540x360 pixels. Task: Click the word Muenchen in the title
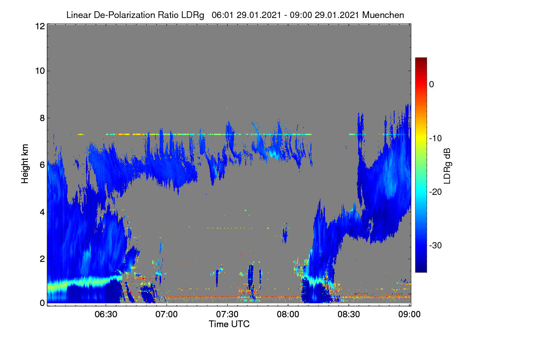click(x=383, y=15)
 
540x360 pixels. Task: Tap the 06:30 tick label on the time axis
click(x=106, y=314)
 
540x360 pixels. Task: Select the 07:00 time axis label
click(x=166, y=314)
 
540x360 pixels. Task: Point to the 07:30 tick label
click(x=227, y=314)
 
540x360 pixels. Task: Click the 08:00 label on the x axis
click(x=288, y=314)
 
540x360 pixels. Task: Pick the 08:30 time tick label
click(x=349, y=314)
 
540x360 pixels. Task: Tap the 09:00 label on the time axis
click(x=409, y=314)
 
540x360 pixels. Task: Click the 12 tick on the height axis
click(x=40, y=26)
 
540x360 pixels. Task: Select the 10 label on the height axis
click(x=40, y=71)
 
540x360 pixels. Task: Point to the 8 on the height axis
click(x=42, y=118)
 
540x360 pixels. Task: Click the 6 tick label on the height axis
click(x=42, y=165)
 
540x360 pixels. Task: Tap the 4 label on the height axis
click(x=42, y=212)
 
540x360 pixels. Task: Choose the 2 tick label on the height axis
click(x=42, y=259)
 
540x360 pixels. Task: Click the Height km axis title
click(x=25, y=164)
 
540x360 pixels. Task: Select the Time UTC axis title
click(x=229, y=324)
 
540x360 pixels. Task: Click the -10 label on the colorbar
click(x=436, y=139)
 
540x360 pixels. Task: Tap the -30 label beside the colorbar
click(x=436, y=245)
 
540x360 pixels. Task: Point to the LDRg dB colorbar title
click(x=447, y=166)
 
